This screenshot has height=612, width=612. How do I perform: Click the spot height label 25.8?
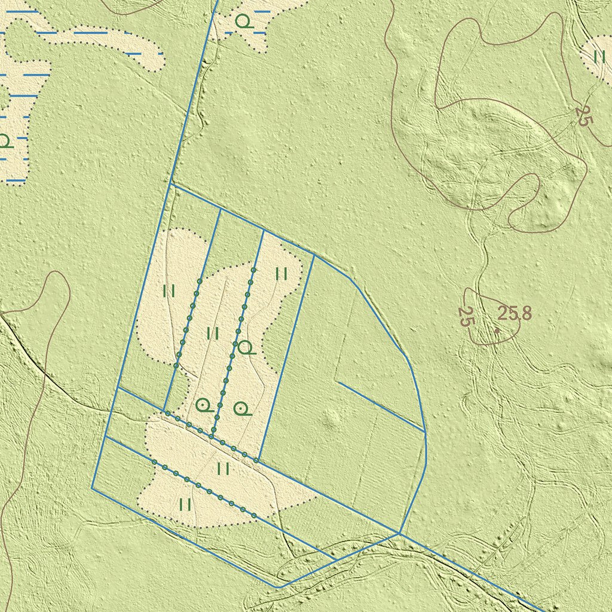pyautogui.click(x=515, y=313)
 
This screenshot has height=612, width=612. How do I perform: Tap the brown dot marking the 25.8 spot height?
pyautogui.click(x=497, y=328)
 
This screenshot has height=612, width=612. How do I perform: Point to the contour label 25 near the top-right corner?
pyautogui.click(x=584, y=115)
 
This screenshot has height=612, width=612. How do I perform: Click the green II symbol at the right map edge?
pyautogui.click(x=600, y=57)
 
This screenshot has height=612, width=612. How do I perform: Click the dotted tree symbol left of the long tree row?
pyautogui.click(x=204, y=406)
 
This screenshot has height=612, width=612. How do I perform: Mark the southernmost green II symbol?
pyautogui.click(x=185, y=504)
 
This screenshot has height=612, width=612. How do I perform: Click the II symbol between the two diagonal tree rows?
pyautogui.click(x=224, y=469)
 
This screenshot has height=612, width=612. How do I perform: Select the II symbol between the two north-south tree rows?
pyautogui.click(x=212, y=333)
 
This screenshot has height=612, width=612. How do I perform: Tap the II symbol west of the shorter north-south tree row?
pyautogui.click(x=169, y=292)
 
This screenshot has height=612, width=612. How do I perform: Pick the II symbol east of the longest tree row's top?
pyautogui.click(x=281, y=274)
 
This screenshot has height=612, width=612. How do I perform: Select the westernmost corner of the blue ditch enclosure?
pyautogui.click(x=92, y=488)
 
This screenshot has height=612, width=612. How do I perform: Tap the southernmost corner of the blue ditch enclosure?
pyautogui.click(x=278, y=587)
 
